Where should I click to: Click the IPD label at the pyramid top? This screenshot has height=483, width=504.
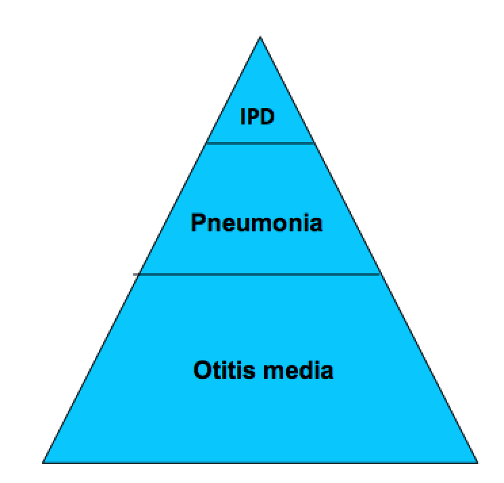coord(257,116)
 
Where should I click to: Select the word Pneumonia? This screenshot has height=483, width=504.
coord(257,223)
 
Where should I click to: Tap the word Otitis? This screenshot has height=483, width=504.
coord(224,370)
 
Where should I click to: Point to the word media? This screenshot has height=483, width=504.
coord(298,370)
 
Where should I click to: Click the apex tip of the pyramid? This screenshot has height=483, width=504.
coord(260,37)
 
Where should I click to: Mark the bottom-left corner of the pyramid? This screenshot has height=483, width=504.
coord(43,463)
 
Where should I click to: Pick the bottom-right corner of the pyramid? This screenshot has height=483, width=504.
coord(478,463)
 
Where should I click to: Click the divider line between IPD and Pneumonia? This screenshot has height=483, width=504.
coord(260,143)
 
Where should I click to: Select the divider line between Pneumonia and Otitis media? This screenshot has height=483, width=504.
coord(257,275)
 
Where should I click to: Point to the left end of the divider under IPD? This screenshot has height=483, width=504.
coord(207,143)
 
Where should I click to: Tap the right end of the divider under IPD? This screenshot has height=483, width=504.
coord(314,143)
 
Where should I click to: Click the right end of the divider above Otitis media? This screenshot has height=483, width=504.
coord(380,275)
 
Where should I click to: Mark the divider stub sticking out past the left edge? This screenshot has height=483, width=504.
coord(136,275)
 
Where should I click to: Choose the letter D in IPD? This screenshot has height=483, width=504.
coord(267,116)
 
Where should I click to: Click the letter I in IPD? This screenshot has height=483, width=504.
coord(243,116)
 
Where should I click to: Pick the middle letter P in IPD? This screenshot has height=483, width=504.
coord(252,116)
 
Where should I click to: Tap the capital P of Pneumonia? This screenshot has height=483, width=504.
coord(198,223)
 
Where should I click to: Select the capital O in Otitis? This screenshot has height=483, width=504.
coord(202,370)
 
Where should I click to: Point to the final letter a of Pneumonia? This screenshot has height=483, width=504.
coord(316,225)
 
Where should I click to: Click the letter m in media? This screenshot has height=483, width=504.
coord(274,372)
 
